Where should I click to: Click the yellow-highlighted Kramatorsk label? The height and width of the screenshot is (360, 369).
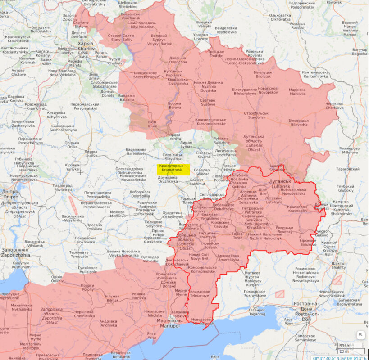tap(173, 169)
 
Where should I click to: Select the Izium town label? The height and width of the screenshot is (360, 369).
tap(153, 124)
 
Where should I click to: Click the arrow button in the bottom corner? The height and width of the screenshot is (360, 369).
tap(360, 335)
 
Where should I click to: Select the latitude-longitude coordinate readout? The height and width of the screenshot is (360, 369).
tap(340, 358)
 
